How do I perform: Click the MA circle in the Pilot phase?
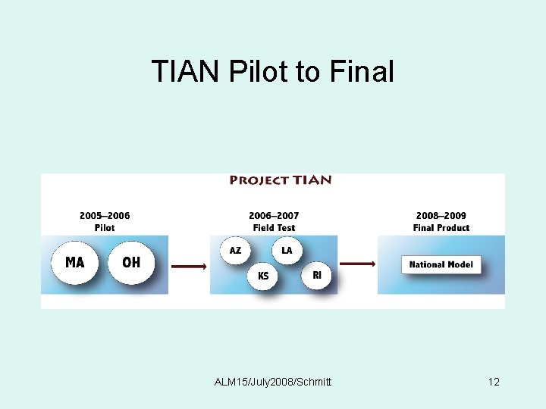coord(75,262)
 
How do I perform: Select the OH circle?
coord(131,262)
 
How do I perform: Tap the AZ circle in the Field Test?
coord(236,250)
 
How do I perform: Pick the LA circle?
coord(287,250)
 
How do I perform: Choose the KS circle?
coord(263,276)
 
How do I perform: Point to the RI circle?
coord(317,276)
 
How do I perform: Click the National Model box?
coord(441,264)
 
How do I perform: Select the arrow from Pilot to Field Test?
coord(189,266)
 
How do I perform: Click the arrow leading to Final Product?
coord(357,264)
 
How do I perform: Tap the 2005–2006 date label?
coord(105,216)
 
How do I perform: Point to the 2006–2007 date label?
coord(274,216)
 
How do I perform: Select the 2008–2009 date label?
coord(441,216)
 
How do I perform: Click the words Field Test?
coord(274,227)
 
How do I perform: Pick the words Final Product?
coord(441,227)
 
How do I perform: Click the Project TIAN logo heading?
coord(281,180)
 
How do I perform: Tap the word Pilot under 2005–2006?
coord(105,227)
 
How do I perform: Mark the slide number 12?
coord(494,382)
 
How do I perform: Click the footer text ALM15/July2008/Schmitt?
coord(273,382)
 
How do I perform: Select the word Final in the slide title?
coord(362,72)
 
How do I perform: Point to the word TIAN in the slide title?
coord(185,72)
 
